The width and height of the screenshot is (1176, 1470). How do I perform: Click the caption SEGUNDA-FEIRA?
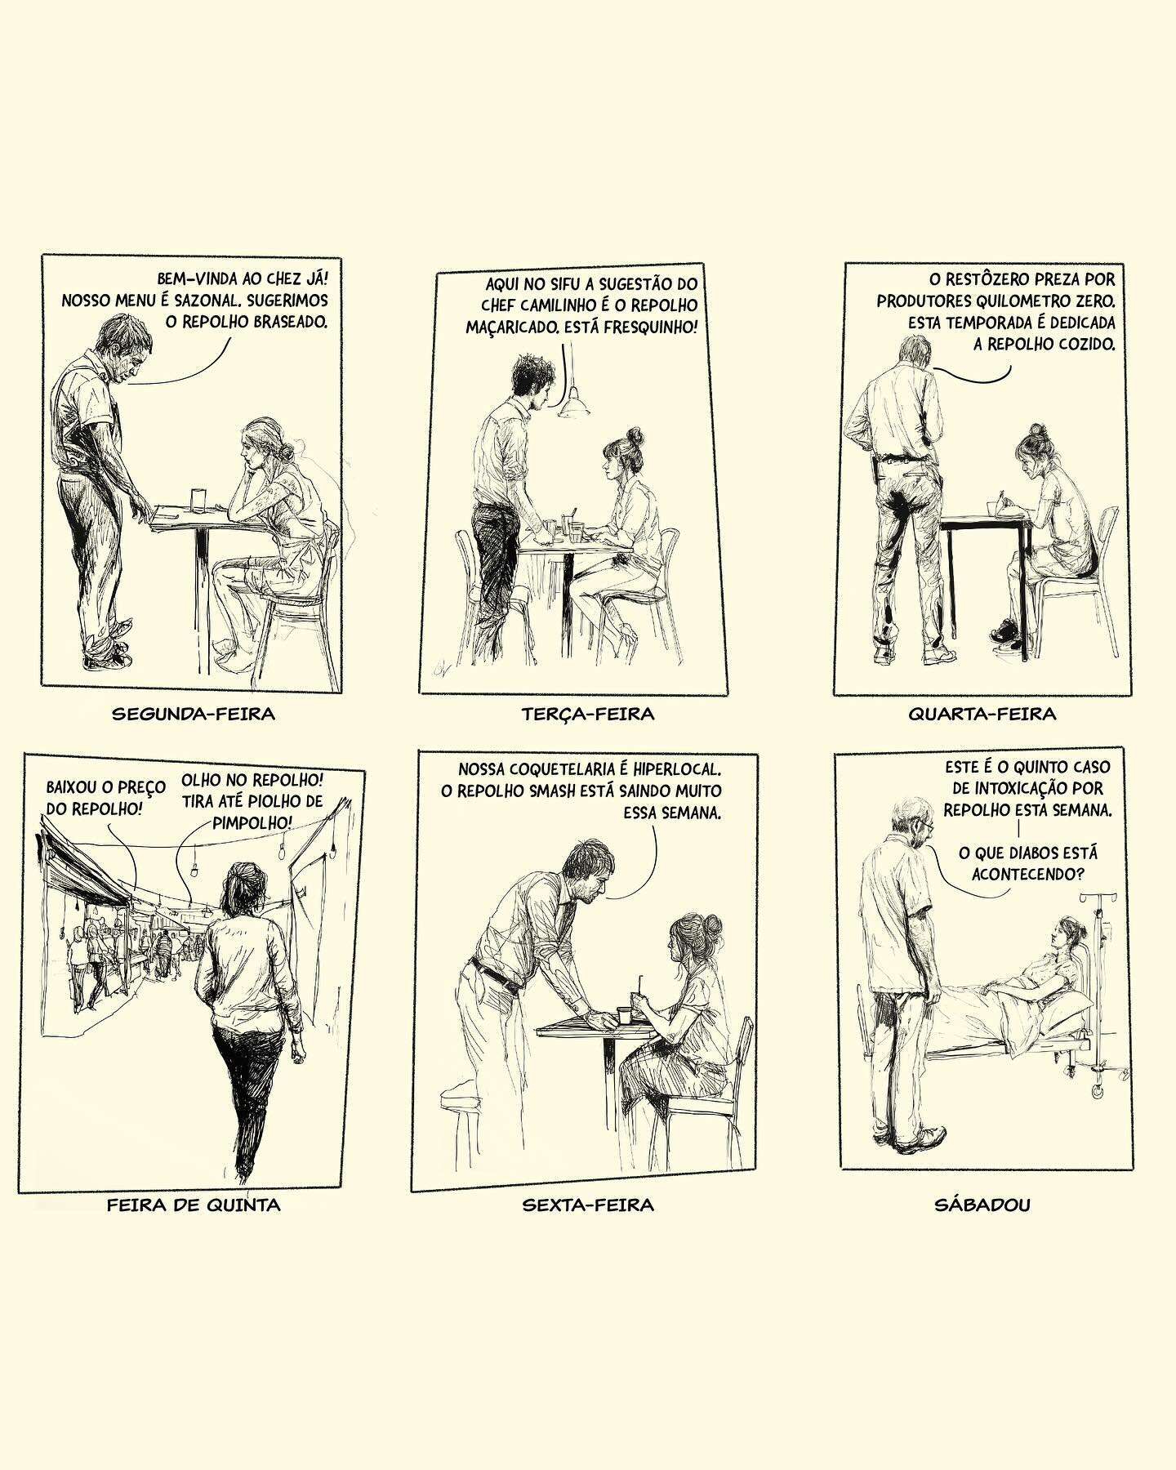[x=193, y=713]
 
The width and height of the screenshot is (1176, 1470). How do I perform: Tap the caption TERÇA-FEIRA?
[x=588, y=714]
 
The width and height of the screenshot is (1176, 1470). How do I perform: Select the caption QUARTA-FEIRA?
[x=982, y=714]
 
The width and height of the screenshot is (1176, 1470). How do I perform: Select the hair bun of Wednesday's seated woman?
[x=1036, y=429]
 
